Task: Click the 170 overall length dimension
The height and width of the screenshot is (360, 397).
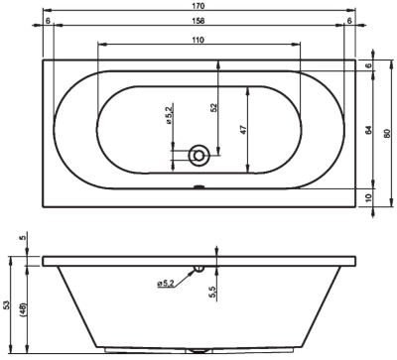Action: (x=198, y=6)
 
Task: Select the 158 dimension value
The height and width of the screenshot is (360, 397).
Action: (x=198, y=23)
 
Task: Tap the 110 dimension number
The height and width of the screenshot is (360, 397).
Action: (x=198, y=39)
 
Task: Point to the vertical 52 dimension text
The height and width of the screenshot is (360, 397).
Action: (x=213, y=106)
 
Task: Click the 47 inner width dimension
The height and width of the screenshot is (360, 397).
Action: (x=243, y=130)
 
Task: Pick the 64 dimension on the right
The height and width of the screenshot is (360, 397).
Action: (x=369, y=129)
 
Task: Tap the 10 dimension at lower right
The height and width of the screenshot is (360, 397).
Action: (x=369, y=196)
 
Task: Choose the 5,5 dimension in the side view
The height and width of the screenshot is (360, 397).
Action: (x=212, y=290)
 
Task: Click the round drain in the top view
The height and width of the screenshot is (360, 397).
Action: (x=199, y=154)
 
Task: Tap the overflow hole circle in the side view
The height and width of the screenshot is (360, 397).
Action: (x=199, y=267)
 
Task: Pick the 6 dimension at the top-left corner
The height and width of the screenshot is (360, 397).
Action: (x=48, y=23)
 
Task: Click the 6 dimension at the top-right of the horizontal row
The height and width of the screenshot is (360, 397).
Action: (x=348, y=23)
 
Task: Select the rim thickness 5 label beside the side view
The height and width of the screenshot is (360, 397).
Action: (x=24, y=238)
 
